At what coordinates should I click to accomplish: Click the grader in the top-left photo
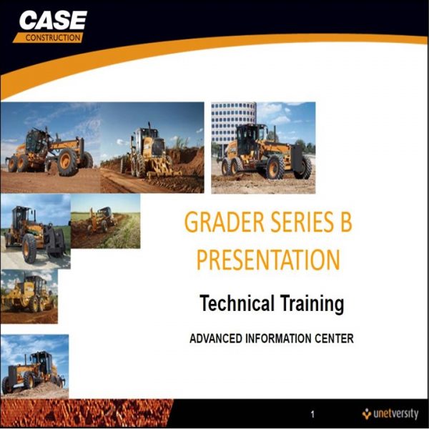50,152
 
